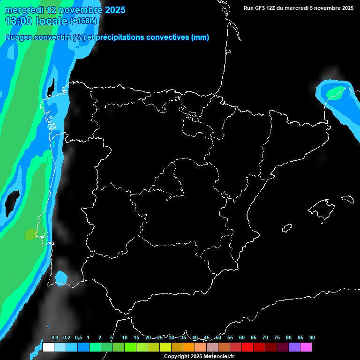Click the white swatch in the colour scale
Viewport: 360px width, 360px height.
[x=48, y=347]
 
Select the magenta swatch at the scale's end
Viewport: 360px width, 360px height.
[x=306, y=347]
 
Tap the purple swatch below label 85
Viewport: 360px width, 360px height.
[x=294, y=347]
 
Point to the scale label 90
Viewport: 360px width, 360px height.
[x=312, y=338]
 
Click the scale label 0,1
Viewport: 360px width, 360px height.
[x=55, y=338]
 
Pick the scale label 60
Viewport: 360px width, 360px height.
[x=242, y=338]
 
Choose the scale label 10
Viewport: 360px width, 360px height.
[x=125, y=338]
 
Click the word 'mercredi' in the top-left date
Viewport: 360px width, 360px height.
[x=23, y=10]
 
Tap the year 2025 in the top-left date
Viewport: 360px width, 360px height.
[x=115, y=10]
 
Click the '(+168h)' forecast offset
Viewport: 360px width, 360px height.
[x=83, y=21]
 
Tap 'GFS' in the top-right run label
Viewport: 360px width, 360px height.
[x=260, y=8]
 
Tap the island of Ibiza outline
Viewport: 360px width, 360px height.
[x=287, y=228]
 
